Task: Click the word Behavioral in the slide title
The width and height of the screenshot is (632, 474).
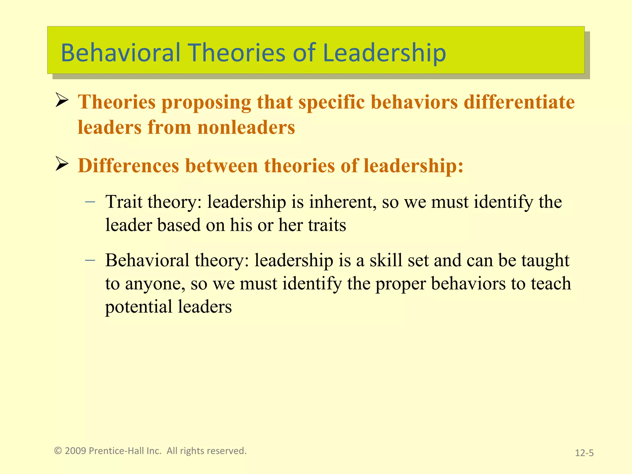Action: [x=120, y=52]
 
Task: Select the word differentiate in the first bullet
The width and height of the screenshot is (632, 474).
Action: [x=519, y=102]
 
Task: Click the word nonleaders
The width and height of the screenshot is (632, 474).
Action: [x=246, y=127]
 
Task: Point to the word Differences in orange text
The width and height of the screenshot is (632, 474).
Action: [x=128, y=166]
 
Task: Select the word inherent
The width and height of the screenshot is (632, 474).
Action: [x=343, y=202]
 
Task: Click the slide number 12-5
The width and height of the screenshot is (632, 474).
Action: [x=584, y=453]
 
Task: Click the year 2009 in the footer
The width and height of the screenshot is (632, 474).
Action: [x=75, y=451]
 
